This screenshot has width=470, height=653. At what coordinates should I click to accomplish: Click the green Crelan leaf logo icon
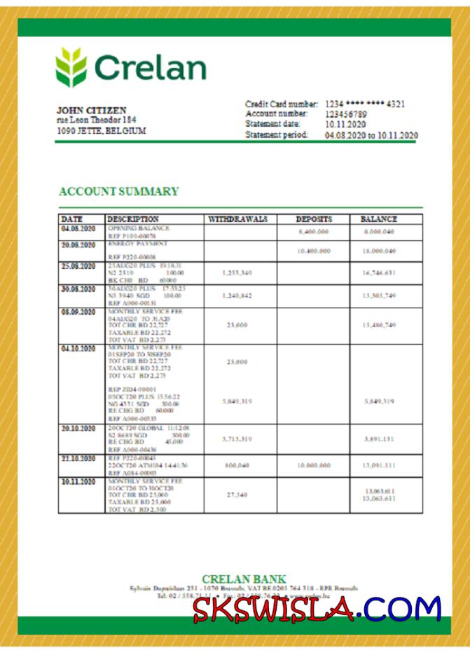(x=72, y=67)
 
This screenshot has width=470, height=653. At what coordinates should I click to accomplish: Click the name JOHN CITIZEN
(x=92, y=111)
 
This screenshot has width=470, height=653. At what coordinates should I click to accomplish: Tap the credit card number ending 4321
(x=365, y=104)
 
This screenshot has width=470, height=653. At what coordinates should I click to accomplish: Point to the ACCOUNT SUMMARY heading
(x=118, y=191)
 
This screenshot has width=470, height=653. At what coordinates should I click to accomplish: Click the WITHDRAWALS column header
(x=238, y=219)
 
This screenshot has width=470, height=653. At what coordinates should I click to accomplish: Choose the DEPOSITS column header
(x=313, y=219)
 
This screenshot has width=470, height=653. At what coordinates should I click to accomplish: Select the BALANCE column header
(x=378, y=219)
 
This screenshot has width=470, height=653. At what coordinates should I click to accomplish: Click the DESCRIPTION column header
(x=133, y=219)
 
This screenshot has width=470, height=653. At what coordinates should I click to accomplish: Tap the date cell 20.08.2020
(x=78, y=245)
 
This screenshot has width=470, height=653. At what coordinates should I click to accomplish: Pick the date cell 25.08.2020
(x=78, y=266)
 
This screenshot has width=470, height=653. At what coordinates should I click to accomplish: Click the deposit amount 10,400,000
(x=313, y=251)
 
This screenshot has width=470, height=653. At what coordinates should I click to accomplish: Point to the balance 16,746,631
(x=379, y=273)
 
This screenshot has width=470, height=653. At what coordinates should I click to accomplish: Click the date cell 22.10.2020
(x=78, y=458)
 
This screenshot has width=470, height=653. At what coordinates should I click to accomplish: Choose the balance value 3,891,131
(x=379, y=439)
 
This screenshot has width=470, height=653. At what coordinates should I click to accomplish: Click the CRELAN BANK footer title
(x=244, y=579)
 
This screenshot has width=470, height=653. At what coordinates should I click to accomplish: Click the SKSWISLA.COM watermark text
(x=317, y=608)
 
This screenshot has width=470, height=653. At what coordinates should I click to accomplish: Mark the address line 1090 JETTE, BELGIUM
(x=101, y=131)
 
